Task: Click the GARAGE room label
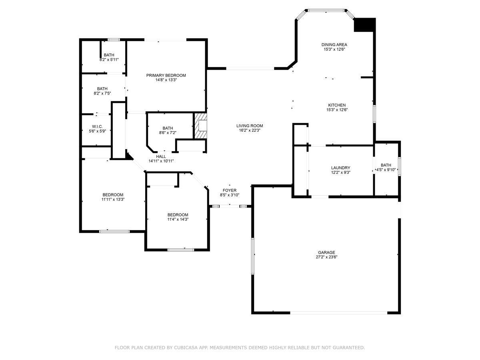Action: point(326,252)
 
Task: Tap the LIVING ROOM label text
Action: point(250,126)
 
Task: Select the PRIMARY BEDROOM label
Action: point(166,76)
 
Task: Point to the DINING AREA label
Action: point(334,44)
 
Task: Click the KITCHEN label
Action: point(337,105)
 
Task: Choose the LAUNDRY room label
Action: point(340,168)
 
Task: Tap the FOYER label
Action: point(230,190)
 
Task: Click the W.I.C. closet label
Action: point(97,126)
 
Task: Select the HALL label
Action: point(161,156)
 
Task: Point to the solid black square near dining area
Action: point(364,25)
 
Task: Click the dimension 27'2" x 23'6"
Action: point(326,257)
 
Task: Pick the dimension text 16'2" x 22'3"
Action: point(250,130)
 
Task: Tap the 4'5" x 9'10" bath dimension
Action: point(386,170)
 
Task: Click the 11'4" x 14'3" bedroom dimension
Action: point(178,220)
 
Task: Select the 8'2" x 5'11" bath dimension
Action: point(109,60)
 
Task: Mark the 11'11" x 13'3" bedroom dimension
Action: point(113,199)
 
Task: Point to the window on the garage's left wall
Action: point(253,256)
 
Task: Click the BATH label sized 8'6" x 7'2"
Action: point(168,128)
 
